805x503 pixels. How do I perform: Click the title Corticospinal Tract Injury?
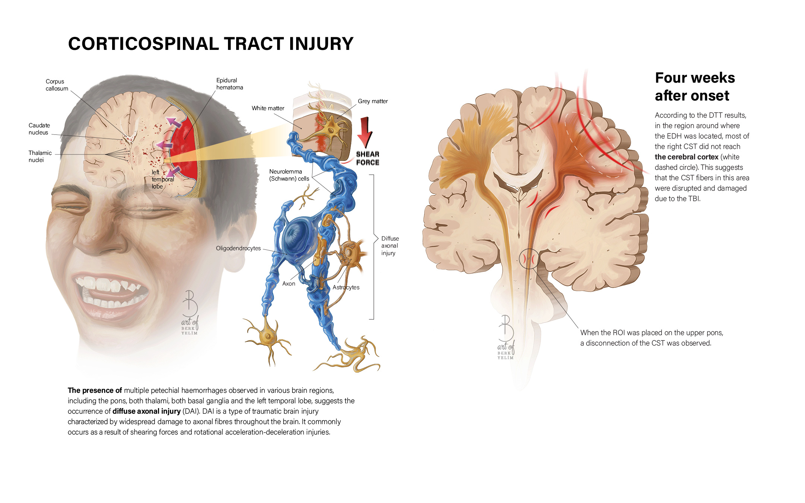click(210, 44)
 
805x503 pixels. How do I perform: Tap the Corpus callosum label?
click(57, 85)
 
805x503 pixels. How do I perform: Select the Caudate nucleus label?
click(39, 129)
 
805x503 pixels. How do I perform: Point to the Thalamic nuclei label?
click(40, 156)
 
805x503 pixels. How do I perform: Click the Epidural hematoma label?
click(229, 84)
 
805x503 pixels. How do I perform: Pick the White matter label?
click(267, 108)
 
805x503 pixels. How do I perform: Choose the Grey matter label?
click(373, 101)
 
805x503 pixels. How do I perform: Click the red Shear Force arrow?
click(365, 132)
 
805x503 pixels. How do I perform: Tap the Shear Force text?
click(367, 158)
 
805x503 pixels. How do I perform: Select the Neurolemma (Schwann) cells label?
click(289, 175)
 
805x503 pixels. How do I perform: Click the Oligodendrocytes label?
click(238, 248)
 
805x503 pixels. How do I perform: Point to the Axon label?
click(288, 284)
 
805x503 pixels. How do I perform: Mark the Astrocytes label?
click(346, 287)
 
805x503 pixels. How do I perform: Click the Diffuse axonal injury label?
click(390, 246)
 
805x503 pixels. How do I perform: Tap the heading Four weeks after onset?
click(695, 87)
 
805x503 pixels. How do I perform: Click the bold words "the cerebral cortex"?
click(686, 157)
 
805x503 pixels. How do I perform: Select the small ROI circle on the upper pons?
click(529, 258)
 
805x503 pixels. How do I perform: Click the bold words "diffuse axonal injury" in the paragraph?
click(146, 411)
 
